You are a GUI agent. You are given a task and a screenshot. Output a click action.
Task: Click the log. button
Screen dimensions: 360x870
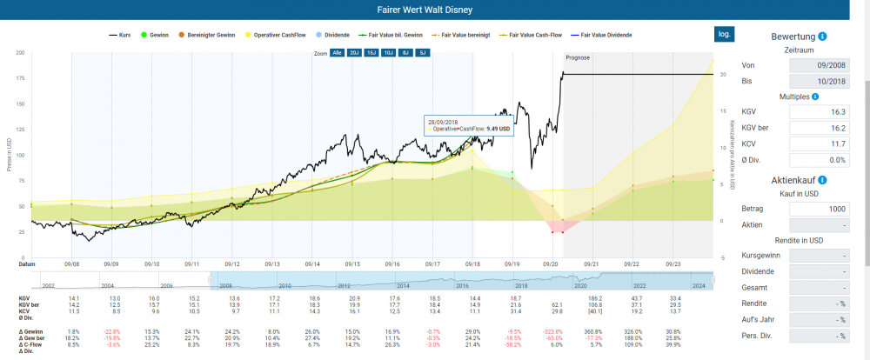tap(723, 34)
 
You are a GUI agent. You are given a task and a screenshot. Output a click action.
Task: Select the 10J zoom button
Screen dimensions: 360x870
tap(388, 53)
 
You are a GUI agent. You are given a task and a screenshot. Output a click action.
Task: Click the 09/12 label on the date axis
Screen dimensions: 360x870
tap(232, 263)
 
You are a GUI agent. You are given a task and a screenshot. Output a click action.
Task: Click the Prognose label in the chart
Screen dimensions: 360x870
tap(578, 57)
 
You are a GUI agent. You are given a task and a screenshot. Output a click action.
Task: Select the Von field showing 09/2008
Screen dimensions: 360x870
tap(816, 65)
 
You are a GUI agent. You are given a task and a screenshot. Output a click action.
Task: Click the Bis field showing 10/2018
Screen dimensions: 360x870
tap(816, 81)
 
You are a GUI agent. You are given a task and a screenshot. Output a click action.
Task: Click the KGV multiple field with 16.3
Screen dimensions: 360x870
tap(816, 112)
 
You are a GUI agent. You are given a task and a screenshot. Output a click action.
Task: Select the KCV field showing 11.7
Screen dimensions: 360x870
tap(816, 143)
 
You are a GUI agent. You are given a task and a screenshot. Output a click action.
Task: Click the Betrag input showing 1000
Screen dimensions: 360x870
tap(816, 210)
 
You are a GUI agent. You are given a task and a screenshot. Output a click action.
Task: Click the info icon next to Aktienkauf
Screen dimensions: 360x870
tap(822, 179)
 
